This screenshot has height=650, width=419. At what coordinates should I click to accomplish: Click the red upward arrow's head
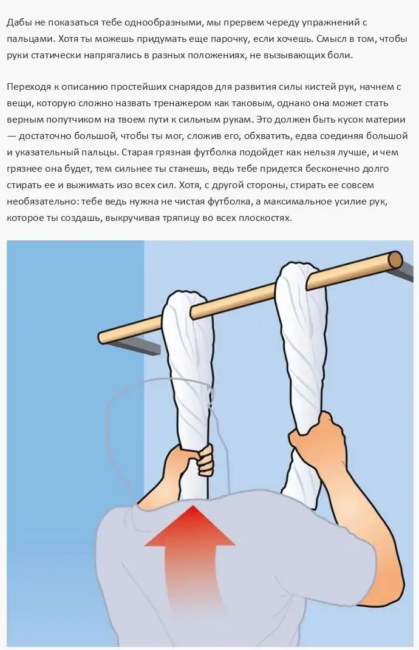tap(190, 524)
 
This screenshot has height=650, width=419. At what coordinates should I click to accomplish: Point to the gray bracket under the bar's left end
tap(137, 345)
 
